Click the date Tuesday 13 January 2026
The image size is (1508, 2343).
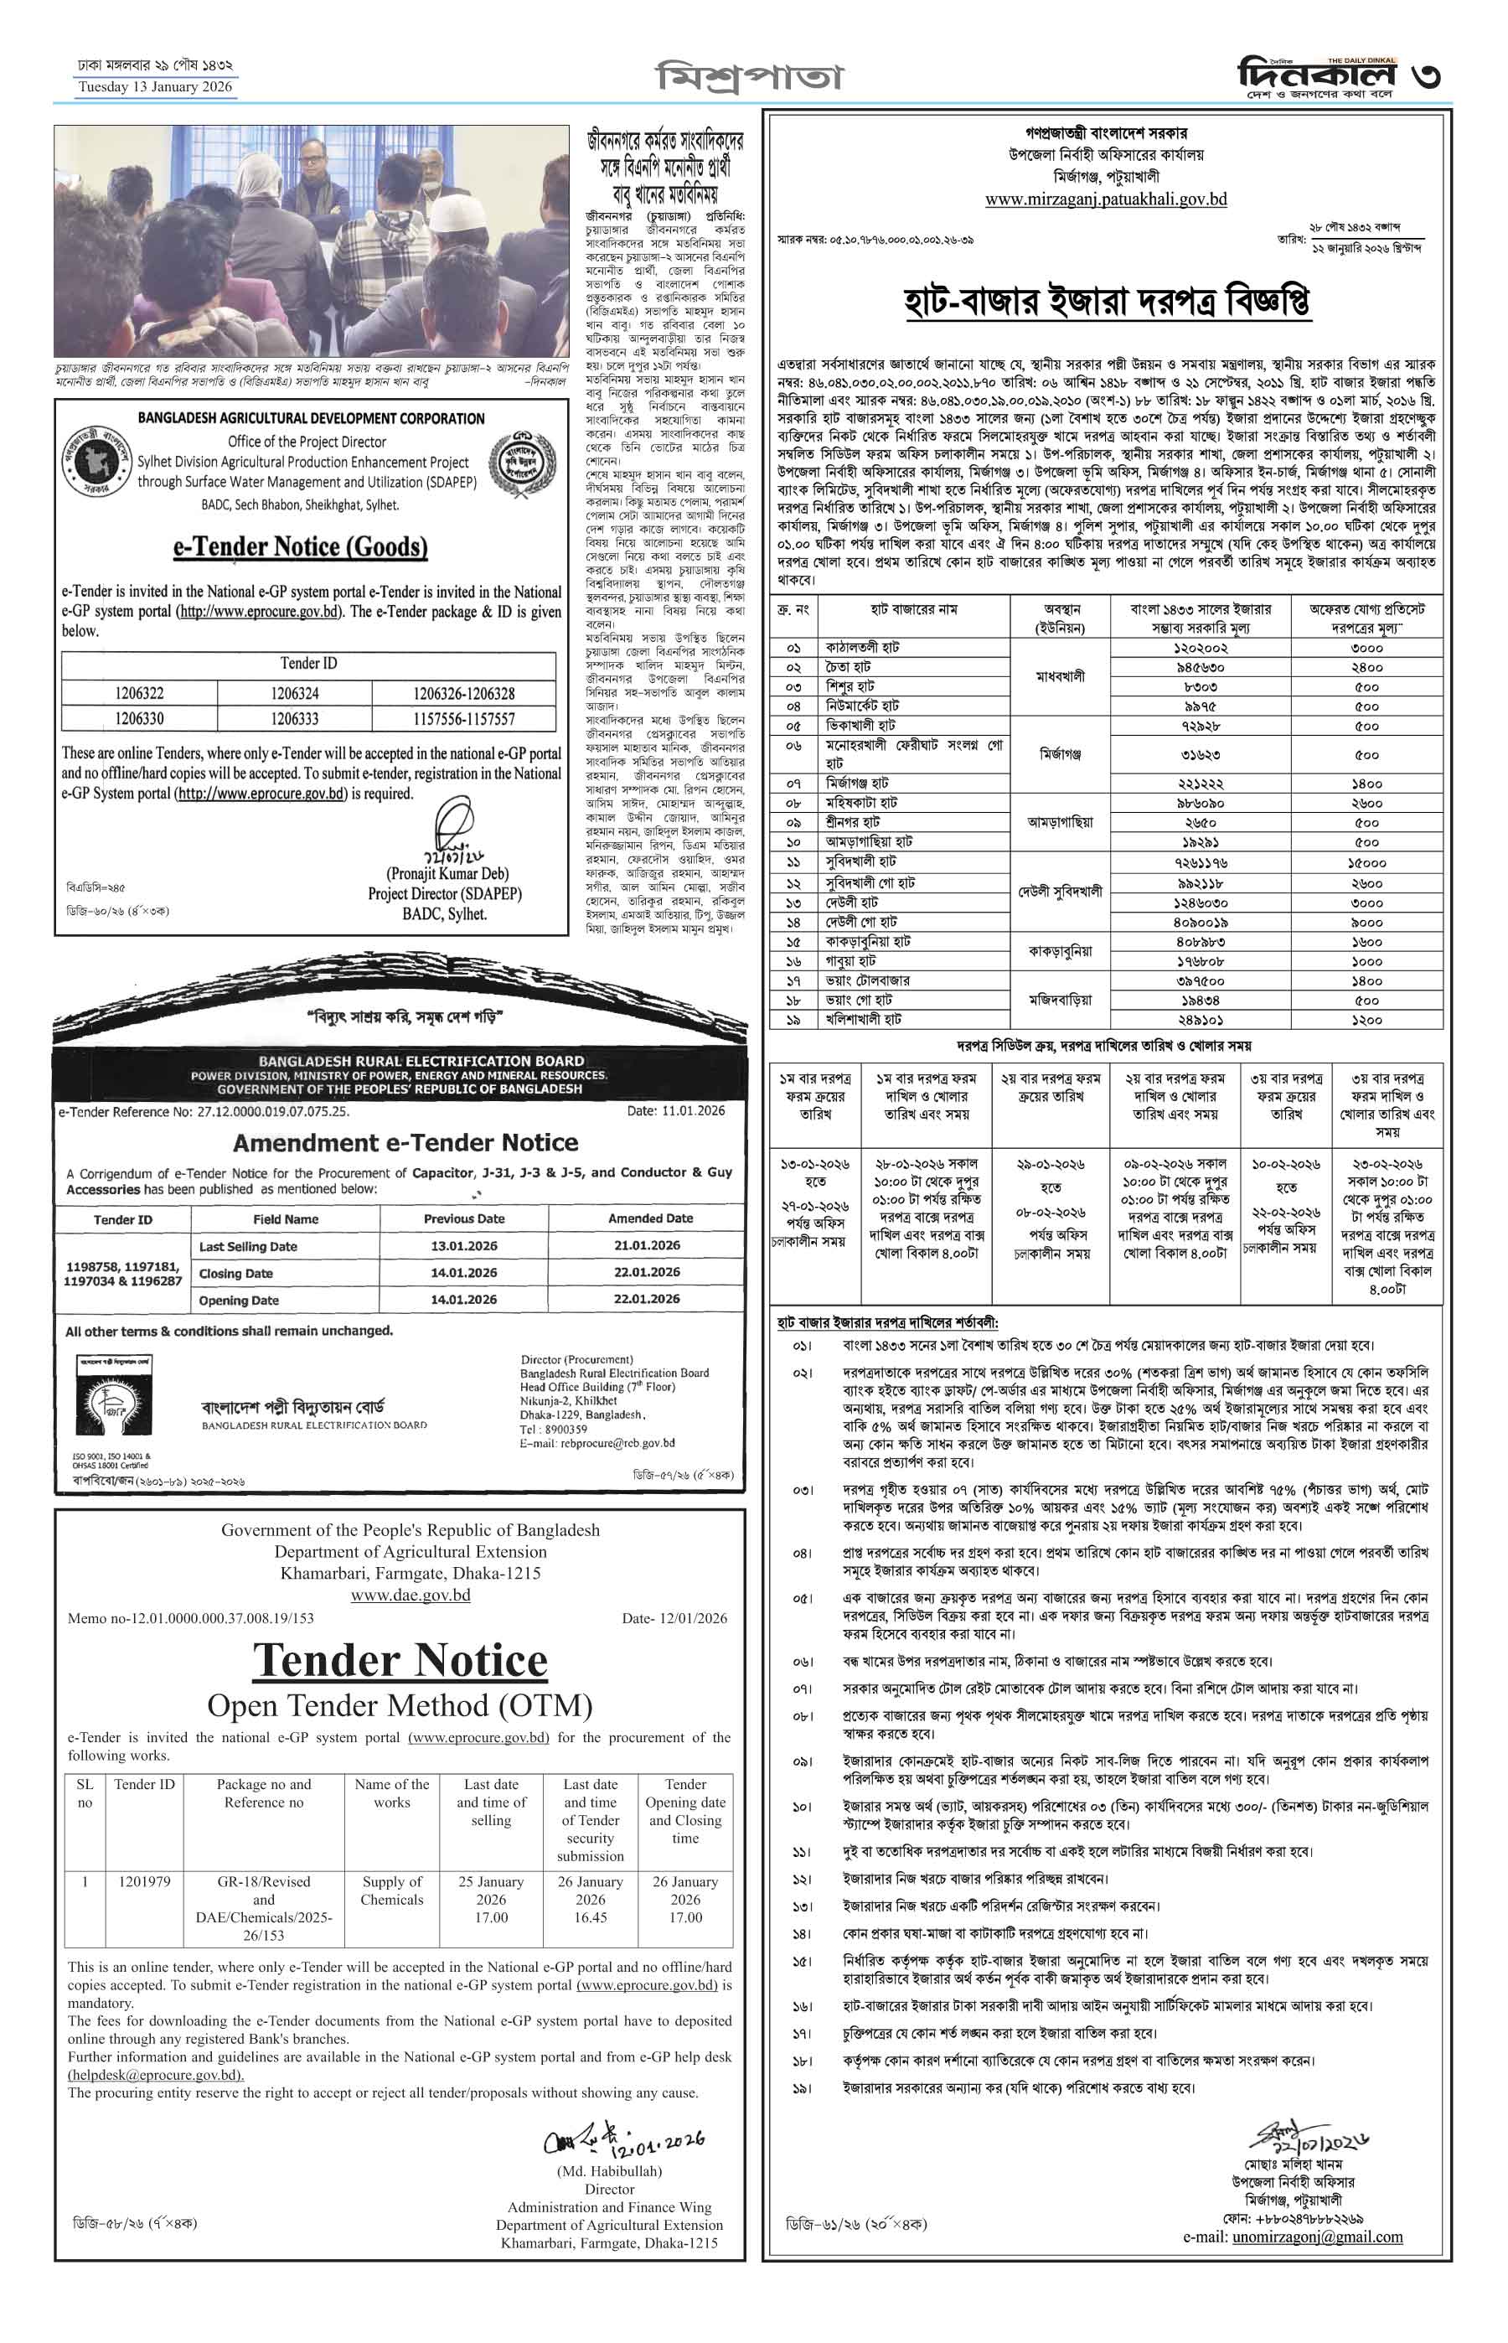click(156, 87)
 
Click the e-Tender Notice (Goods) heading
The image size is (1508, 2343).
click(300, 546)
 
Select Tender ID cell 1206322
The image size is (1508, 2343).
click(139, 694)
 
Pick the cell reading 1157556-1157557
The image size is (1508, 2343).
click(463, 719)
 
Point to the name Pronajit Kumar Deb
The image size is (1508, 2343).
click(447, 874)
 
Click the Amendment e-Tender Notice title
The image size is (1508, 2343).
click(405, 1142)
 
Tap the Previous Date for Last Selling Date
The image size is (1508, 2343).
click(463, 1246)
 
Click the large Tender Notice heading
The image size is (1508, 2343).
click(400, 1659)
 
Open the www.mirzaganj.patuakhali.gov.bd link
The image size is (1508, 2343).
click(1106, 199)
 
